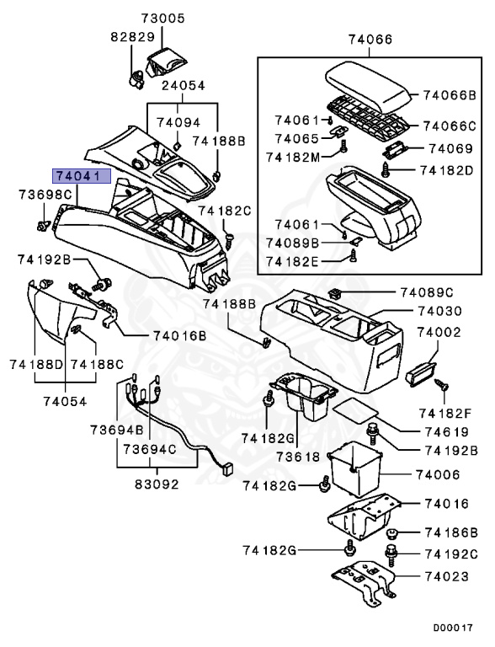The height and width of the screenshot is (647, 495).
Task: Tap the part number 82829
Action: pos(131,39)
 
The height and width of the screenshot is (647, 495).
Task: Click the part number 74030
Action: pos(439,311)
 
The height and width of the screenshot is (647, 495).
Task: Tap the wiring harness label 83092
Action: pos(158,485)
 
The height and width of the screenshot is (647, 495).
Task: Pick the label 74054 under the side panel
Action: pos(65,401)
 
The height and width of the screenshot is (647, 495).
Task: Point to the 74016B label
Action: pos(179,335)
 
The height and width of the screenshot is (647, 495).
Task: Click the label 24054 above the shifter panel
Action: pos(183,86)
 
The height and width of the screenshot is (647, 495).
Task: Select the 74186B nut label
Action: pos(450,532)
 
